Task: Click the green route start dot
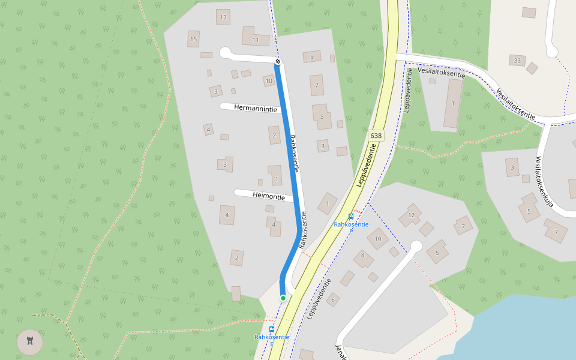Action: (283, 298)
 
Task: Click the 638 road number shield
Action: (376, 136)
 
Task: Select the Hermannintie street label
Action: (256, 109)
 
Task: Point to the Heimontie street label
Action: (268, 195)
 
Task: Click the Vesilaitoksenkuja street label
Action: (544, 182)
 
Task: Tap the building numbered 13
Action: (223, 17)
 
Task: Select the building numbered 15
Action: (193, 39)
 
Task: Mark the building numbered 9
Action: (312, 57)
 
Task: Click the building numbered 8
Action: (363, 258)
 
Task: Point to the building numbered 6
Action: (333, 298)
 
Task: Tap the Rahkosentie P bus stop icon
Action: (351, 217)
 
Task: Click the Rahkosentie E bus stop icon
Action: (272, 329)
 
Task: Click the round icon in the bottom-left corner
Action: (30, 342)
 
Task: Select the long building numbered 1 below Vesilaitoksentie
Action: (453, 103)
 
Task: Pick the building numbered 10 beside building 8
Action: (378, 239)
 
